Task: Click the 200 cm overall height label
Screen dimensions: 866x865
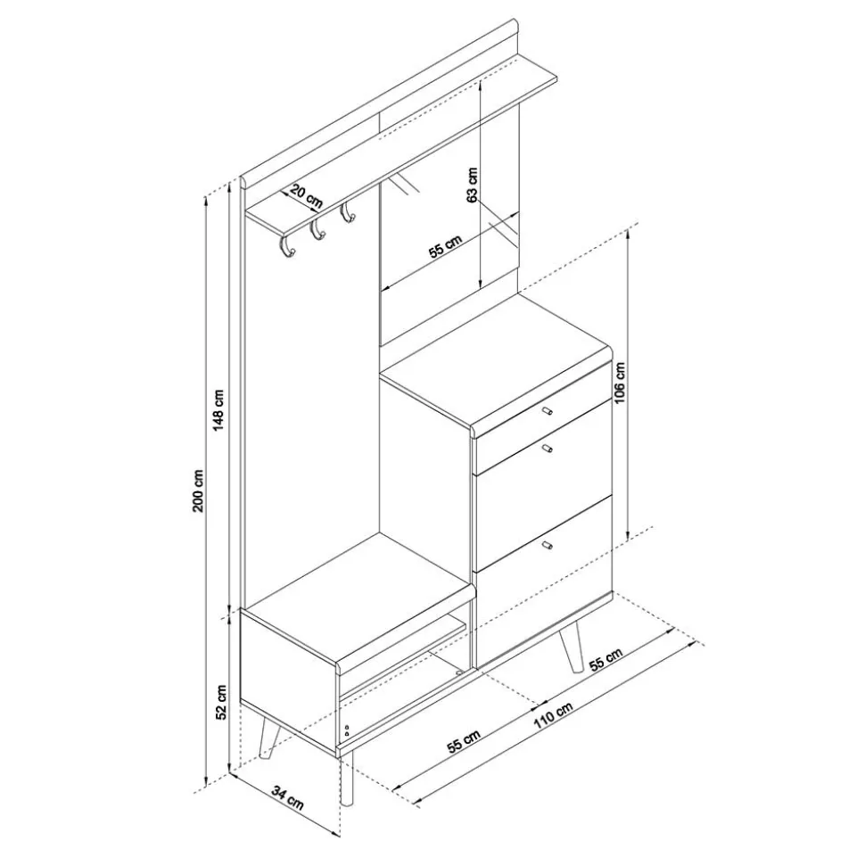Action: [x=200, y=491]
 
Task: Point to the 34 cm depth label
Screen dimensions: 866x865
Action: [x=287, y=796]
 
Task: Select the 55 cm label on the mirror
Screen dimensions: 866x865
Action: [x=445, y=246]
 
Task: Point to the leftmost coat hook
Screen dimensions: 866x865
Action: [x=286, y=250]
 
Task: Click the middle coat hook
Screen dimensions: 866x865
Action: [x=317, y=231]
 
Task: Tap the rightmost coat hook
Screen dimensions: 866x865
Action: [x=348, y=214]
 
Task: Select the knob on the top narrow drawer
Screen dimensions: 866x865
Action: [x=547, y=411]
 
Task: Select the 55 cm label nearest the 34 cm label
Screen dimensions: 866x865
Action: [x=465, y=740]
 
